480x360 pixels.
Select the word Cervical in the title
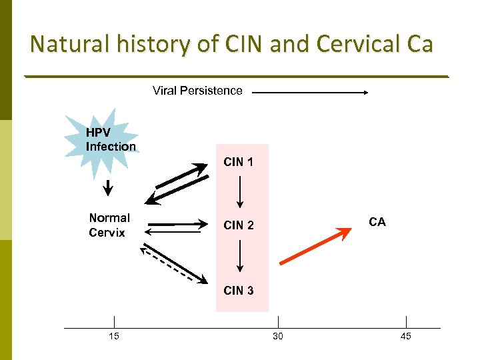point(357,44)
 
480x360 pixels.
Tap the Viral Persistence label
point(197,91)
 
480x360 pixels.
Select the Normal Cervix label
point(109,225)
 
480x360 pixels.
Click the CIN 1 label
point(239,162)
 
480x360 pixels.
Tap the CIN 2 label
point(239,225)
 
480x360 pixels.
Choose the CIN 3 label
point(239,291)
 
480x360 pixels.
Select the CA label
point(377,222)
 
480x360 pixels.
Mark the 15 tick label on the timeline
point(114,337)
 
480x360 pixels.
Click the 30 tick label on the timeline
point(278,337)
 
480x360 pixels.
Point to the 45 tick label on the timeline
point(406,337)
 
